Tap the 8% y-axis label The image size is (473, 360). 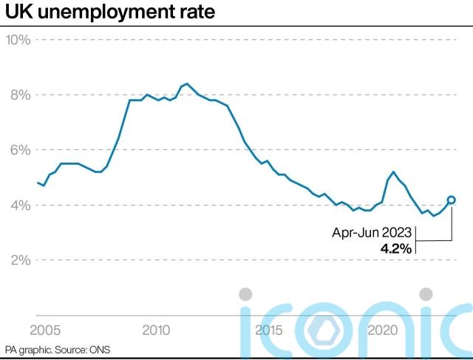tap(18, 95)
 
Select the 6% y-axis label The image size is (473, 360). tap(18, 150)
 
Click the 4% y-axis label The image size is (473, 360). tap(18, 206)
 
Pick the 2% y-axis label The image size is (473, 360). tap(18, 260)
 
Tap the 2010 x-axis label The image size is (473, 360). tap(157, 329)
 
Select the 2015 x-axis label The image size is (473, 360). tap(270, 329)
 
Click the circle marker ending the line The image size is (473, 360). tap(451, 200)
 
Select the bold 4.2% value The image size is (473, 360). tap(395, 249)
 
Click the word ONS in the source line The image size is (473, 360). tap(100, 348)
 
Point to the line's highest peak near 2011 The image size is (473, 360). tap(186, 84)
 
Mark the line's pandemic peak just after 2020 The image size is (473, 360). tap(393, 171)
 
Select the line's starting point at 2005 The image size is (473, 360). tap(38, 183)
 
